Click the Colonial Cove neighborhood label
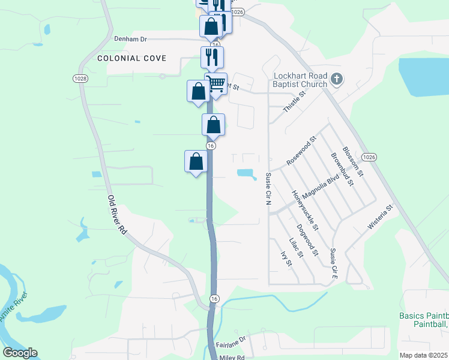(x=131, y=58)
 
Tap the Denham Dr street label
(x=130, y=38)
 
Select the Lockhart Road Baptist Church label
(x=300, y=80)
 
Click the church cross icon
(x=337, y=79)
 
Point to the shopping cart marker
(x=216, y=83)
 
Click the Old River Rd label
(x=118, y=214)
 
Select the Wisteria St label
(x=380, y=217)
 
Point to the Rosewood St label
(x=301, y=152)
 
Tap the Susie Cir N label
(x=268, y=188)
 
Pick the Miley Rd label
(x=232, y=357)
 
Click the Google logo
(x=20, y=353)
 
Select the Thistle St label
(x=291, y=103)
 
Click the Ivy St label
(x=286, y=259)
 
